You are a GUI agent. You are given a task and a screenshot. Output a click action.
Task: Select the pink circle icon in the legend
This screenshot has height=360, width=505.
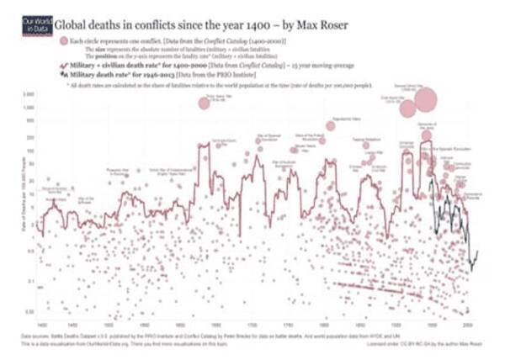point(61,40)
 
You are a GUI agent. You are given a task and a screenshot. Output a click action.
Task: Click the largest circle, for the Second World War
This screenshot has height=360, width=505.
point(425,100)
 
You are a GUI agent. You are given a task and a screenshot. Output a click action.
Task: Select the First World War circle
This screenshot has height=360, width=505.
point(408,109)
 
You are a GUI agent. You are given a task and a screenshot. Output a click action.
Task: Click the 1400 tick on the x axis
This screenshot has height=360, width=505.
point(41,324)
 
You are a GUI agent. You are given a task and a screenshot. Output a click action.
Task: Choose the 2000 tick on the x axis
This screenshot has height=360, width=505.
point(467,324)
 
